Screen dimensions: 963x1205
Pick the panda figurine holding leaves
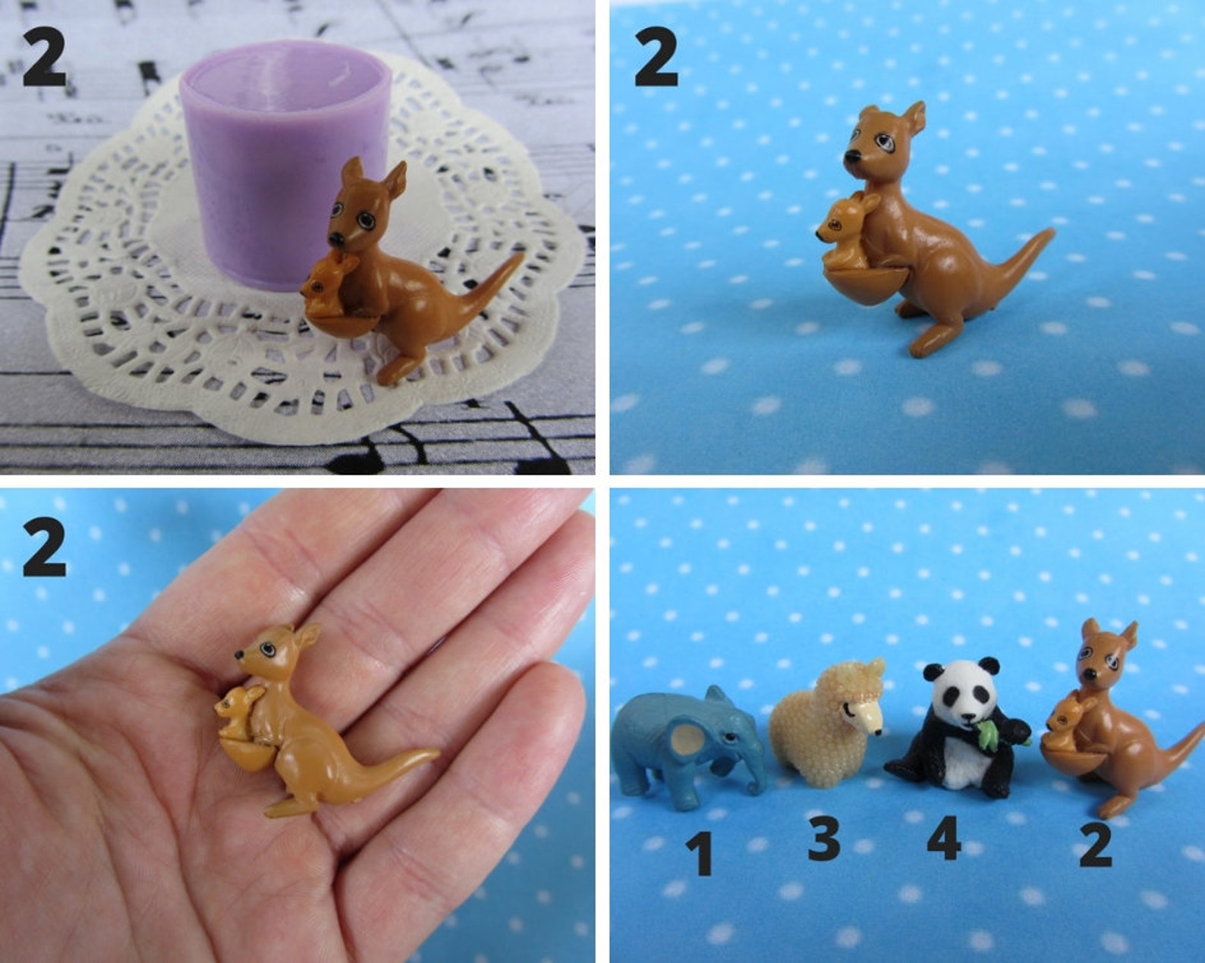pyautogui.click(x=956, y=732)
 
